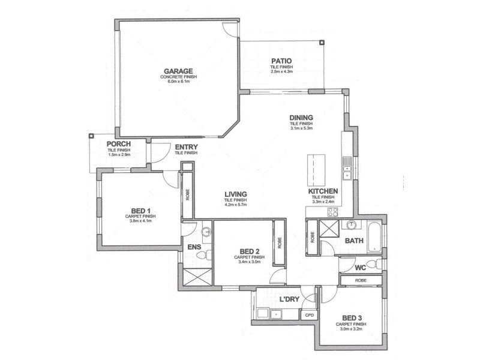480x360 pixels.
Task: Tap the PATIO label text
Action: (x=281, y=61)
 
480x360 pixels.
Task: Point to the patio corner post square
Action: (x=322, y=43)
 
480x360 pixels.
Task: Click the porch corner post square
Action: (x=91, y=135)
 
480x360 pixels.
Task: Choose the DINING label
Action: (x=301, y=118)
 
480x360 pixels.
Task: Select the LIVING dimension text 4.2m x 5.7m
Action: (x=236, y=205)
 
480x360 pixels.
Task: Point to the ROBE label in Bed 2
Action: (x=279, y=242)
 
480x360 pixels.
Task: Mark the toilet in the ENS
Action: (x=206, y=254)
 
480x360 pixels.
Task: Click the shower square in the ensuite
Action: (x=196, y=277)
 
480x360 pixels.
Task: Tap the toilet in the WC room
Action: (x=372, y=265)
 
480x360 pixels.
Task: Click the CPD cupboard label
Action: (x=310, y=314)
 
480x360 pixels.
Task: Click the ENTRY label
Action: (x=186, y=147)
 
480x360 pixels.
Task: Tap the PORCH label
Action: (x=119, y=145)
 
